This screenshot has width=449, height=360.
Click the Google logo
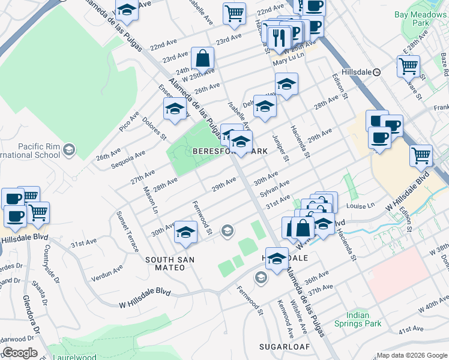tap(19, 353)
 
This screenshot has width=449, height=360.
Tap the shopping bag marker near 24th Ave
tap(203, 59)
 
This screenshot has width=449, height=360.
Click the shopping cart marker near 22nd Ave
tap(234, 13)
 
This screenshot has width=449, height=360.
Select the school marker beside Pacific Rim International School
tap(69, 149)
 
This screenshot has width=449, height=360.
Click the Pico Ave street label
tap(129, 121)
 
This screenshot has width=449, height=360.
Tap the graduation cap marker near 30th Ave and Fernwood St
tap(186, 232)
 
